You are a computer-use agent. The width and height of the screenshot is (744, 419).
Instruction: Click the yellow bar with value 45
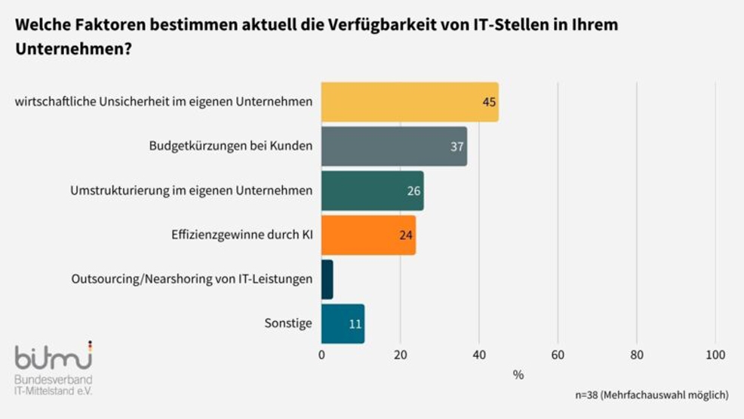click(410, 102)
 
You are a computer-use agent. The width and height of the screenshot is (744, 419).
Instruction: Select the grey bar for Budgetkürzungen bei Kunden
click(394, 146)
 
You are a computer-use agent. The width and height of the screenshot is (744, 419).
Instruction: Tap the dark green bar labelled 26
click(372, 191)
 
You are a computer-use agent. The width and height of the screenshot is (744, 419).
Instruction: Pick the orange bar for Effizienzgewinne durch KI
click(368, 235)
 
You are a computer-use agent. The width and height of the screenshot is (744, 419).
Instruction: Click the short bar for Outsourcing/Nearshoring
click(327, 279)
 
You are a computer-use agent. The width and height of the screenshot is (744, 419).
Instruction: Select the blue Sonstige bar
click(343, 323)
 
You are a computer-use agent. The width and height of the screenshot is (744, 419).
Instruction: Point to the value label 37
click(457, 146)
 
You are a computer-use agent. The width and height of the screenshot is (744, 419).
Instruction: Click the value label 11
click(355, 324)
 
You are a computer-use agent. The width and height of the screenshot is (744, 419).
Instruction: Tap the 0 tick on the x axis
click(322, 355)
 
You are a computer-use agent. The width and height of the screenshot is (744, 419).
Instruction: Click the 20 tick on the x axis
click(401, 355)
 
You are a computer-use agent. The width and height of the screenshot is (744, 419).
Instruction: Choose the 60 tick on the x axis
click(558, 355)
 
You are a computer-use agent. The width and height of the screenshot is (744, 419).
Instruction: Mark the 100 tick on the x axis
click(715, 355)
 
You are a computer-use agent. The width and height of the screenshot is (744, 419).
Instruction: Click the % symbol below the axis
click(518, 374)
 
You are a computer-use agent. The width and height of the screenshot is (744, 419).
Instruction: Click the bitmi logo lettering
click(53, 354)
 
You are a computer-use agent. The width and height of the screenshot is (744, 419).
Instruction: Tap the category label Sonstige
click(287, 323)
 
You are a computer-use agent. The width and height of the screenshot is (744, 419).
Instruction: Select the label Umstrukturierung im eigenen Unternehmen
click(191, 191)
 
